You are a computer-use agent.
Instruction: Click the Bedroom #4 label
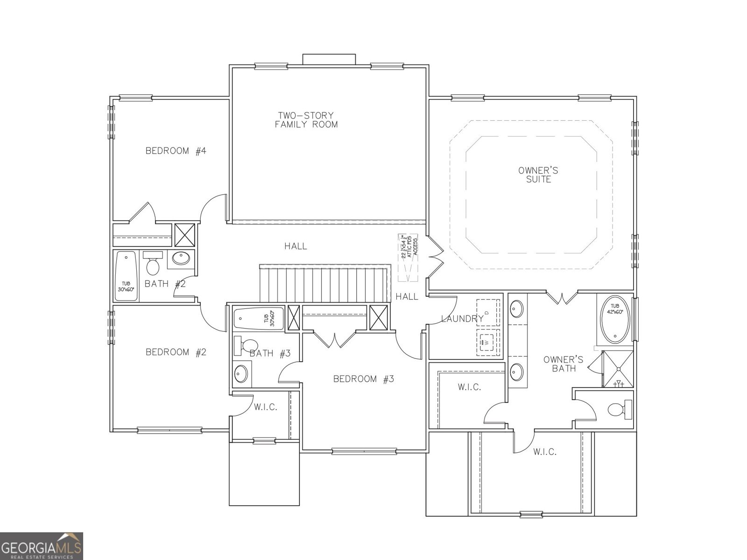coord(176,151)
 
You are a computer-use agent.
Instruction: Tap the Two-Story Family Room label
coord(306,120)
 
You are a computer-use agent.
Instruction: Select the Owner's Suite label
coord(538,175)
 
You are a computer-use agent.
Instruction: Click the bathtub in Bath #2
coord(126,276)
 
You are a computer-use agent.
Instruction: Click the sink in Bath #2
coord(181,258)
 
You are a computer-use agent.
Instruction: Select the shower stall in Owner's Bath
coord(618,369)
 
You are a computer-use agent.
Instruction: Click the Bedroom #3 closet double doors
coord(335,339)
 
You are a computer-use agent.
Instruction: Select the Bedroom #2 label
coord(176,352)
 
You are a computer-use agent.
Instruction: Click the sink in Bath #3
coord(241,374)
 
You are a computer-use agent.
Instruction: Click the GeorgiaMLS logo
coord(42,546)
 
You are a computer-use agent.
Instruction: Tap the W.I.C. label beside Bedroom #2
coord(265,407)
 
